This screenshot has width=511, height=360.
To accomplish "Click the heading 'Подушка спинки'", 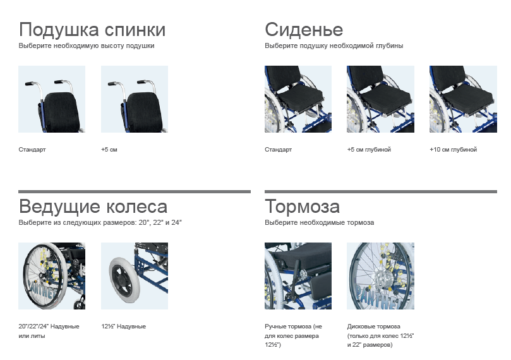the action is pos(92,30).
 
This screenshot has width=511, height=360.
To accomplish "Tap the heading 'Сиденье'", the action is pos(304,30).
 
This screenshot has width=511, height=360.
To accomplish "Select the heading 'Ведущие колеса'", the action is pos(93,207).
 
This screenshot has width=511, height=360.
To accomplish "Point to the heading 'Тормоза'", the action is pos(302,207).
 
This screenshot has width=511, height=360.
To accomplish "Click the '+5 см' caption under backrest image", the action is pos(109,150).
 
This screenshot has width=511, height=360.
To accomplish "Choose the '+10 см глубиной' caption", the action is pos(454,150).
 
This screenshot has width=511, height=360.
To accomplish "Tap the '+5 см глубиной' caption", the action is pos(369,150).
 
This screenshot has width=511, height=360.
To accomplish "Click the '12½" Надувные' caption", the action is pos(124,327).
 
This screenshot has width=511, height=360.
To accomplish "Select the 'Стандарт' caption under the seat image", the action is pos(279,150).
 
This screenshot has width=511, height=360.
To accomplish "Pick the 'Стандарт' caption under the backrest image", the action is pos(32,150).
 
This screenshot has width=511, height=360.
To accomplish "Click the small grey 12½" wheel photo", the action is pos(135,276).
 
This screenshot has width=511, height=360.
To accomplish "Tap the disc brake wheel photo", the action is pos(381,276).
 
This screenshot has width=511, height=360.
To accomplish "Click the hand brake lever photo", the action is pos(298,276).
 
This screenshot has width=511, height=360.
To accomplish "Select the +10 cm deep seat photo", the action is pos(464,99).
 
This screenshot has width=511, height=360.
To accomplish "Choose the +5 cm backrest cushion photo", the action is pos(135,99).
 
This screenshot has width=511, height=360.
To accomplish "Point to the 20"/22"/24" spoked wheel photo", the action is pos(52,276).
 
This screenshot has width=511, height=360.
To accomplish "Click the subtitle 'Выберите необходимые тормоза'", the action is pos(320,222).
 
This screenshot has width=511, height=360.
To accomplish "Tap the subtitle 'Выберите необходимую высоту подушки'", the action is pos(87,45).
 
